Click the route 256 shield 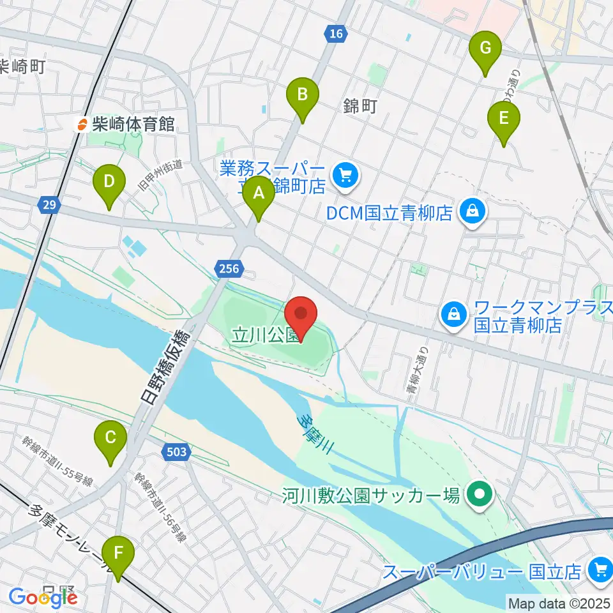coord(227,268)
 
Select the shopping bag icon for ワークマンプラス coord(453,313)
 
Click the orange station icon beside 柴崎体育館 coord(82,124)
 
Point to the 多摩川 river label coord(317,433)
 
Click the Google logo coord(43,598)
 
